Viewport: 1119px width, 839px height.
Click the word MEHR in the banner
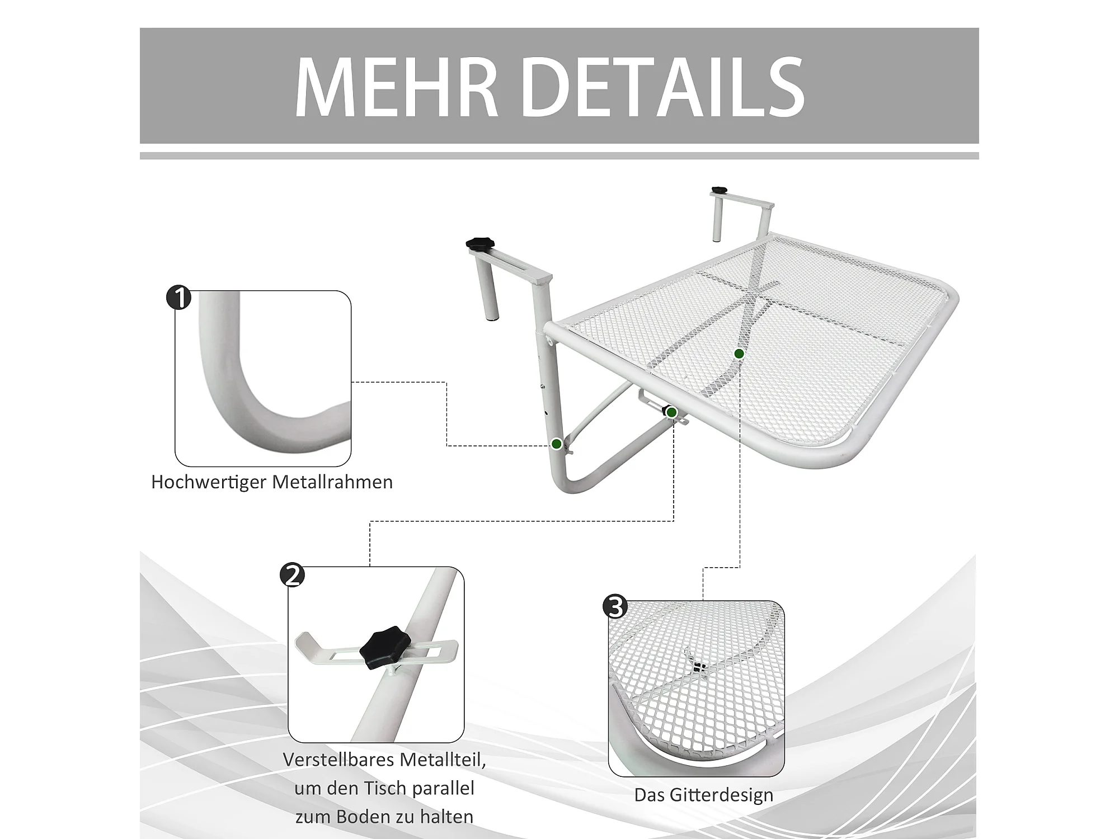[396, 87]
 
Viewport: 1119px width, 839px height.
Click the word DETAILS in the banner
[664, 87]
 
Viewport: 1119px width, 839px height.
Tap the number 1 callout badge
[179, 297]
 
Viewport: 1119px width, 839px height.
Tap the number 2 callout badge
[293, 574]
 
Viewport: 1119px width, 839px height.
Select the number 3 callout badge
[615, 607]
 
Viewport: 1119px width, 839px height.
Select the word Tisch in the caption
[384, 788]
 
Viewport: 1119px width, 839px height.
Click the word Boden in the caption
[366, 817]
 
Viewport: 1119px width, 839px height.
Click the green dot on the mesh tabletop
[739, 353]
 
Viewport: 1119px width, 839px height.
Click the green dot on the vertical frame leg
[557, 444]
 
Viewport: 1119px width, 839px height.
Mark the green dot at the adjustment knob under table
[672, 413]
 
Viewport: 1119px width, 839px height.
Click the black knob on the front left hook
[480, 244]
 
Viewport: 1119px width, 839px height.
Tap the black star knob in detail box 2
[385, 647]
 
